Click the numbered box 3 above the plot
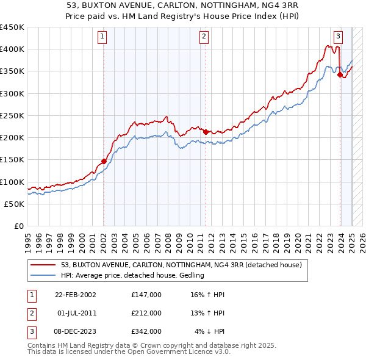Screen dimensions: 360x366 pyautogui.click(x=337, y=36)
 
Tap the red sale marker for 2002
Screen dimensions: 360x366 pyautogui.click(x=104, y=161)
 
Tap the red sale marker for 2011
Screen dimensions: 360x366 pyautogui.click(x=206, y=132)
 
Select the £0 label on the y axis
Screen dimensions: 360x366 pyautogui.click(x=18, y=226)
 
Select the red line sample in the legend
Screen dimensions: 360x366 pyautogui.click(x=43, y=265)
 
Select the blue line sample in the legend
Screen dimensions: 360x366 pyautogui.click(x=43, y=276)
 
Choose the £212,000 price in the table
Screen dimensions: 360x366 pyautogui.click(x=146, y=313)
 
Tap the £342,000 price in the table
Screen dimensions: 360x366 pyautogui.click(x=146, y=331)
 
